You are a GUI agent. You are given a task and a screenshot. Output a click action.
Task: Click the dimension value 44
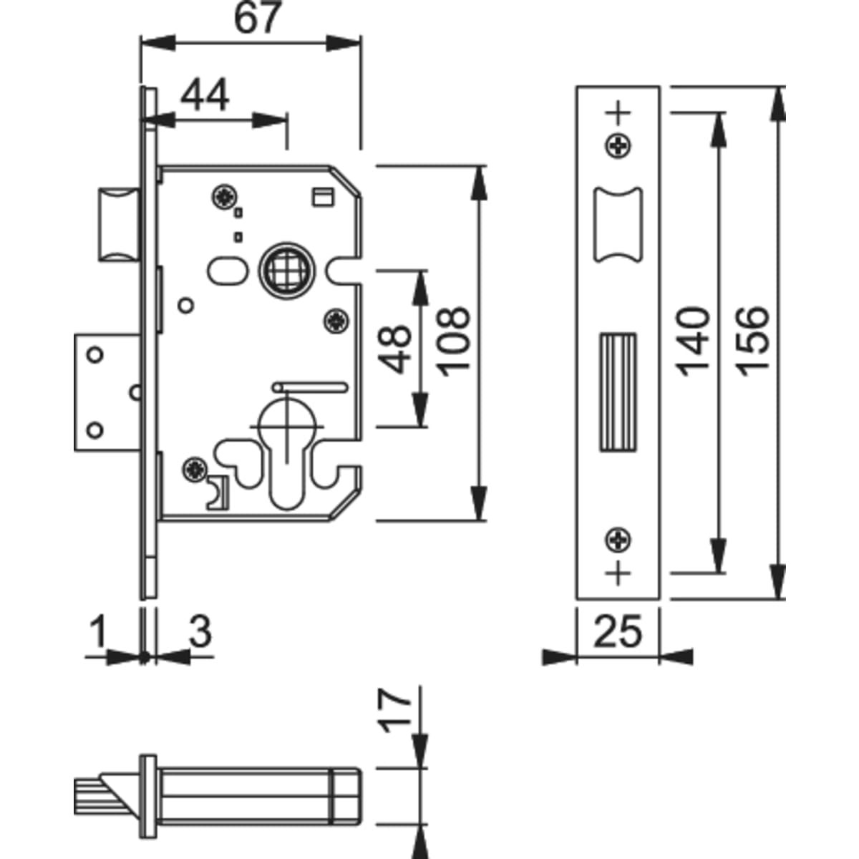point(205,95)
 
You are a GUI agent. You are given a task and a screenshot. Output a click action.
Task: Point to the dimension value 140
point(693,341)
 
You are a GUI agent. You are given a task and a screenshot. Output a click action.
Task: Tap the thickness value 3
point(200,631)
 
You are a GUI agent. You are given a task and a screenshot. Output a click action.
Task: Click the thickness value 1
point(99,631)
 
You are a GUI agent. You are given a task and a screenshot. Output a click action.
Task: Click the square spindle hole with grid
point(285,270)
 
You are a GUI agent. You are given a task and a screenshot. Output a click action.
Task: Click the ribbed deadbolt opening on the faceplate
point(617,392)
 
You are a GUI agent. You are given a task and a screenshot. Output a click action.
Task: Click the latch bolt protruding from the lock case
point(117,224)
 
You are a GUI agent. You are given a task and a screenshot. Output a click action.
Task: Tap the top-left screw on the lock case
point(225,196)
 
